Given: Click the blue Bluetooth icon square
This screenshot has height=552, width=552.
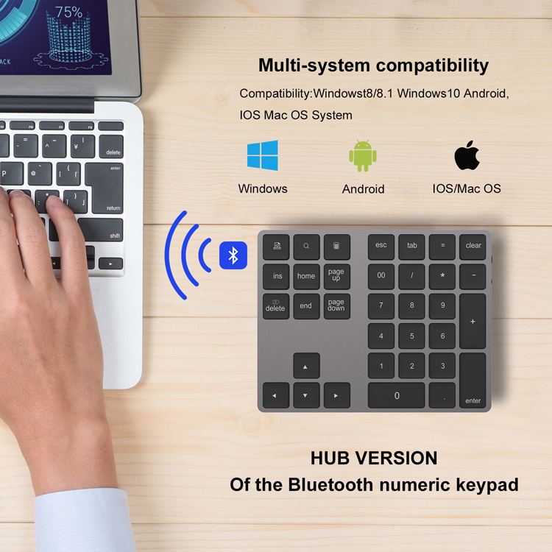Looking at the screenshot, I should [233, 255].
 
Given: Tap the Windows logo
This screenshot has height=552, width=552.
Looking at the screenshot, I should [262, 156].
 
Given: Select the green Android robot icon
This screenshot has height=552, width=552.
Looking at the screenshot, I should [363, 156].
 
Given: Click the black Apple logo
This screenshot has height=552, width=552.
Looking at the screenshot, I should [467, 155].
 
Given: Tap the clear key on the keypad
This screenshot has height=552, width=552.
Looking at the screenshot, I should [473, 247].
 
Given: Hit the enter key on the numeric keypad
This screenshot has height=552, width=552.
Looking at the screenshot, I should [473, 381].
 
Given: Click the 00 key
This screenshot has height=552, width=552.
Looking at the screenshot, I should [381, 276].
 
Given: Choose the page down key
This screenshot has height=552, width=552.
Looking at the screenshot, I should [336, 306].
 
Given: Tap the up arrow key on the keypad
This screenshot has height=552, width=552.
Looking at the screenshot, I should [306, 366].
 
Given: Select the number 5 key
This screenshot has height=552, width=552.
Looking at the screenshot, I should [411, 336].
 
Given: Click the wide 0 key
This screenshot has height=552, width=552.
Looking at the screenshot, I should [397, 396].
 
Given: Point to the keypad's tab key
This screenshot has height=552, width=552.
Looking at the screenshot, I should [411, 247].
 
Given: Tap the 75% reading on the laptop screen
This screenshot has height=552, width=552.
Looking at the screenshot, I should [68, 13].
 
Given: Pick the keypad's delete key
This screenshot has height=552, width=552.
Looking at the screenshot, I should [275, 306].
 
